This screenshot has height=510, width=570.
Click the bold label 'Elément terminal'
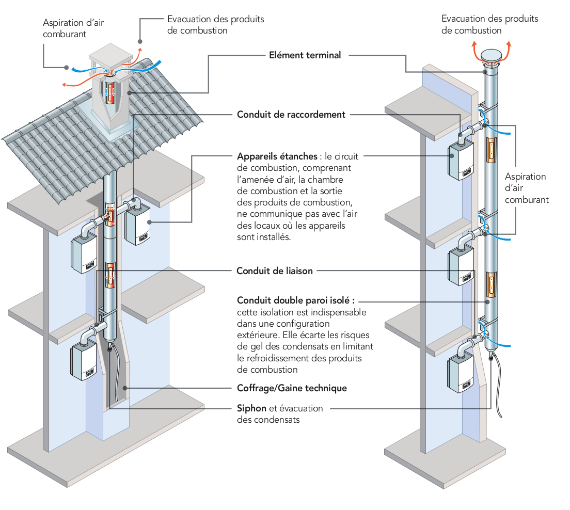(x=305, y=55)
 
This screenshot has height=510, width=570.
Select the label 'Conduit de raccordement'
(x=291, y=115)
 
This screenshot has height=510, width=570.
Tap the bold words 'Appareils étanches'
(x=276, y=156)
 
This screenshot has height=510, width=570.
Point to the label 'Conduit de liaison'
(x=274, y=270)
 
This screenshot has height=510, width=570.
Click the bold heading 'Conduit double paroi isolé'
(x=295, y=300)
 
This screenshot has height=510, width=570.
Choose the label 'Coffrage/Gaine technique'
(x=292, y=388)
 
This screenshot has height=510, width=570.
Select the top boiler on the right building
(x=461, y=159)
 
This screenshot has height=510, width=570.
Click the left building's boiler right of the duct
(x=137, y=224)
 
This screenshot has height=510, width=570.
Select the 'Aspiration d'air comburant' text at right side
(x=526, y=188)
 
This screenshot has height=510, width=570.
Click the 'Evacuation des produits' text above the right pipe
(x=489, y=19)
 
